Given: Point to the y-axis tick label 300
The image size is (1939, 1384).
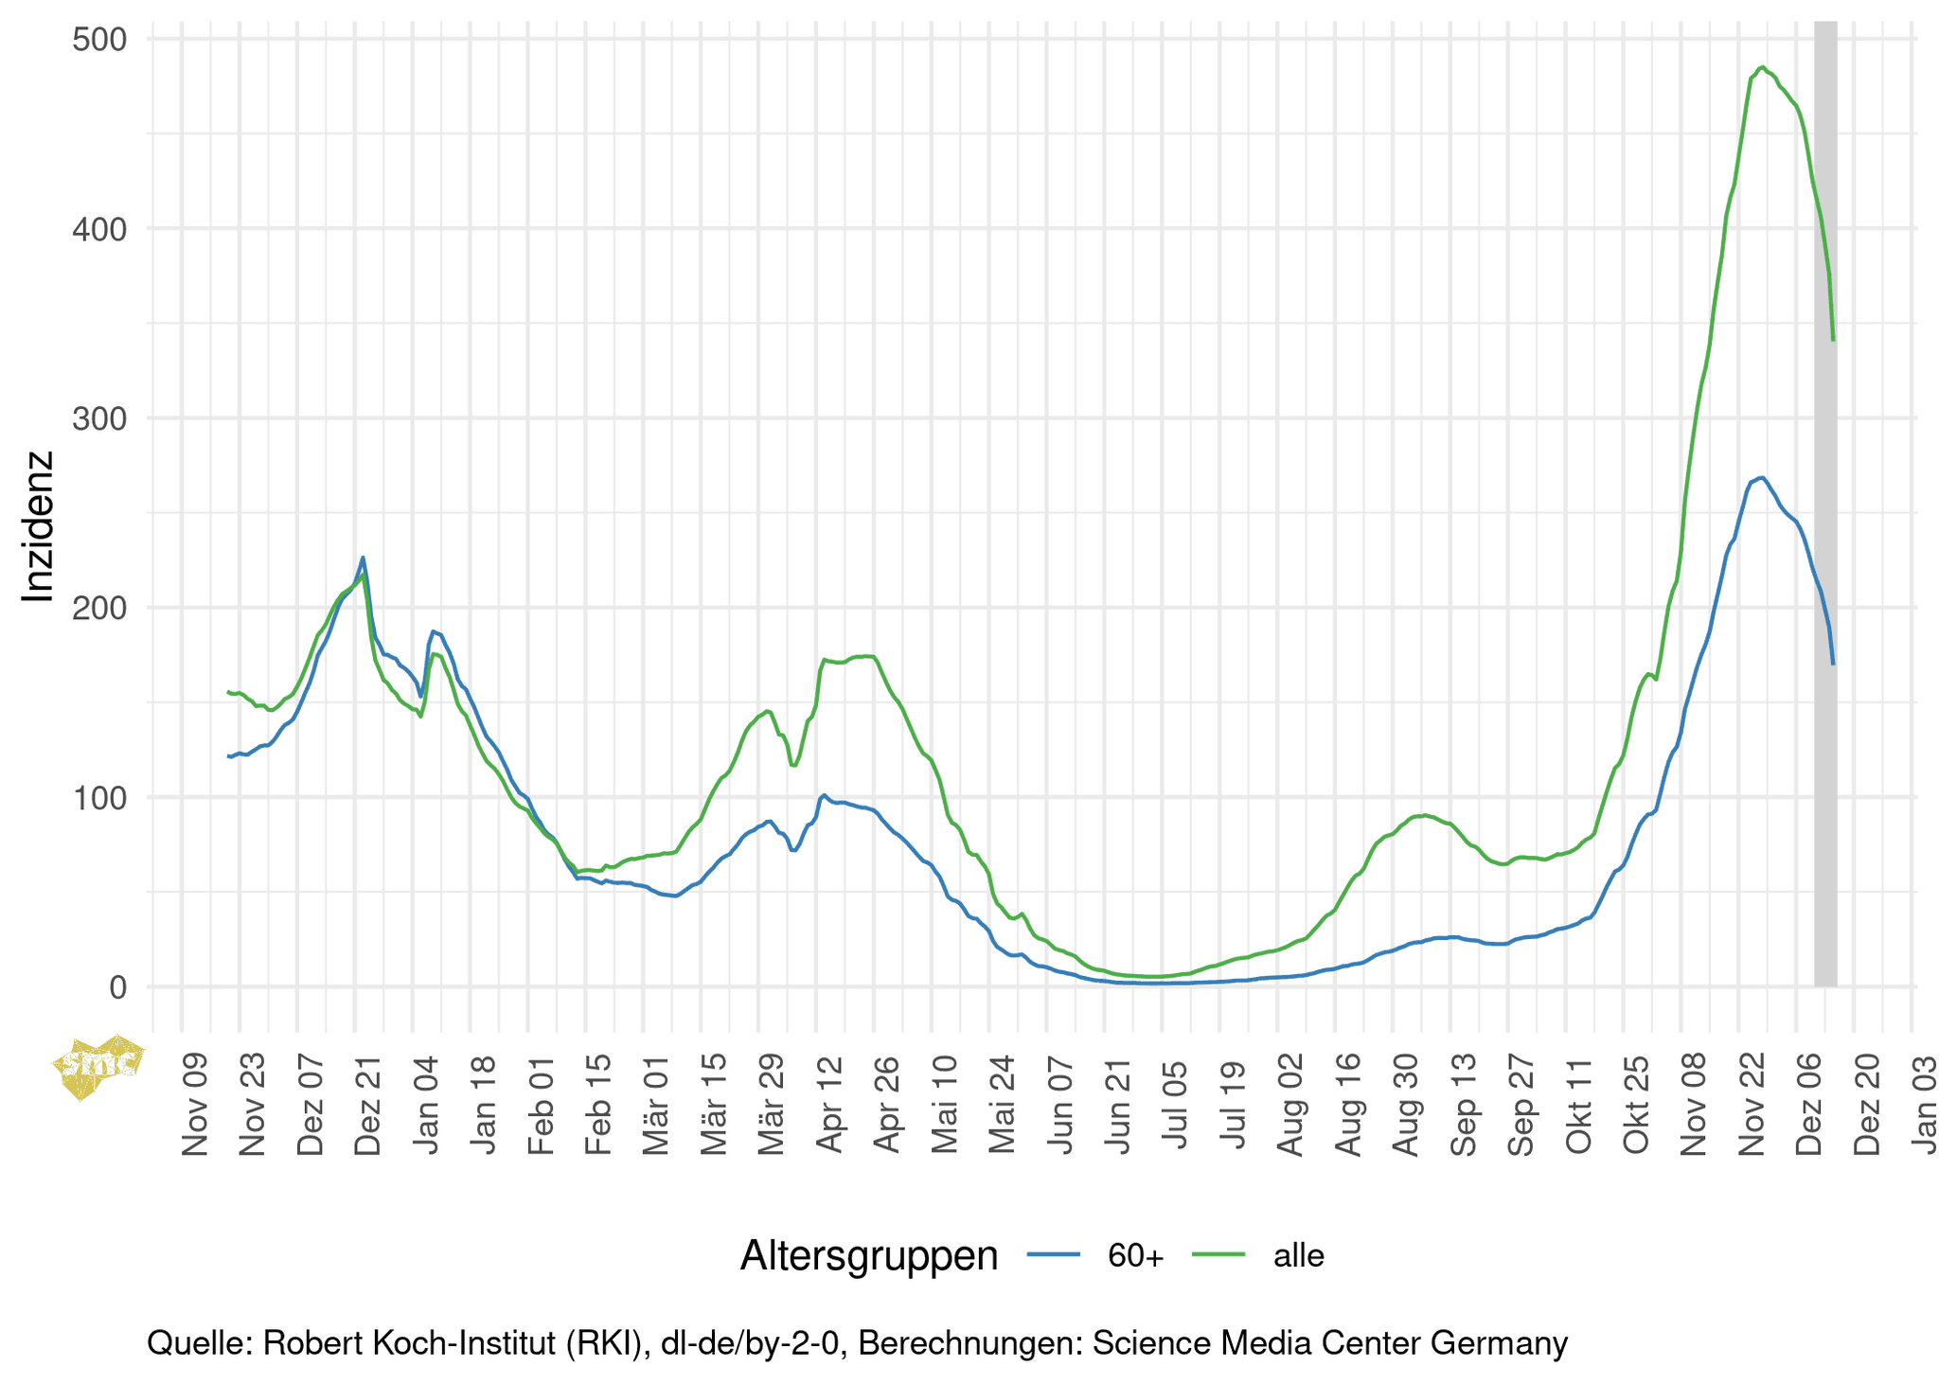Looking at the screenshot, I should tap(99, 418).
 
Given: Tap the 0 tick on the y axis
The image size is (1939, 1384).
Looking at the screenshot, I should tap(117, 987).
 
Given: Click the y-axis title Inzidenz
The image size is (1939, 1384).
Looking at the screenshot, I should tap(39, 526).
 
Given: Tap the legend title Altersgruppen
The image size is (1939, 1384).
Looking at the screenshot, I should tap(868, 1255).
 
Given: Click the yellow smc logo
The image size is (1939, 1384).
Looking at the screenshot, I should tap(98, 1066).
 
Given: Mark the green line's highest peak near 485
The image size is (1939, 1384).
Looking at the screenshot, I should tap(1761, 67).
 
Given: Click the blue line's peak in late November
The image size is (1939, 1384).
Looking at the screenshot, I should tap(1760, 477).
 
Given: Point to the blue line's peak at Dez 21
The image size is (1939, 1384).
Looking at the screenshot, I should tap(363, 558).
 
